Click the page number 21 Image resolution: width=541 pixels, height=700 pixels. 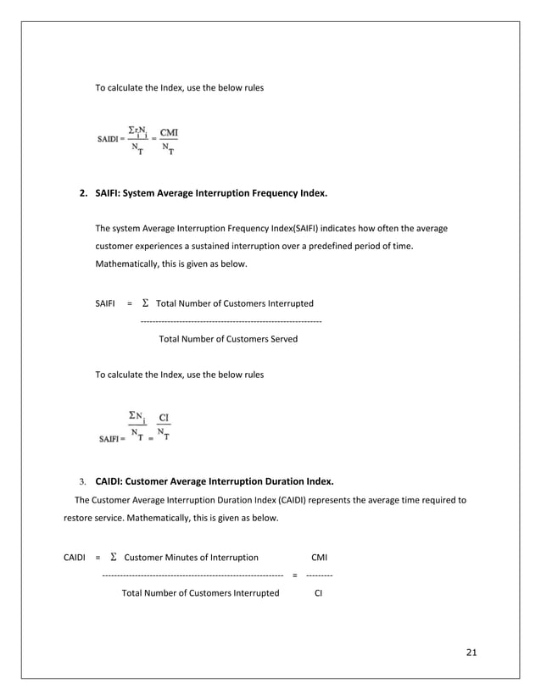[x=472, y=652]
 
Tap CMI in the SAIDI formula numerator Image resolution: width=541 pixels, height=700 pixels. [x=169, y=131]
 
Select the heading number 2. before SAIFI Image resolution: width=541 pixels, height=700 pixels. [x=84, y=194]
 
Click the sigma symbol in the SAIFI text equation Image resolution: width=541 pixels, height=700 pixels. [x=145, y=303]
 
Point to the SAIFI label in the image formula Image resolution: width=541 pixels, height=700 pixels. [x=109, y=439]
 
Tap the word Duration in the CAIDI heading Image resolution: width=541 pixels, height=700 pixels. [x=265, y=481]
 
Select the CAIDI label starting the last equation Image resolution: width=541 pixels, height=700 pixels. [x=75, y=558]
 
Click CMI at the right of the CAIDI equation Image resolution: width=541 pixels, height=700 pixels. [x=319, y=558]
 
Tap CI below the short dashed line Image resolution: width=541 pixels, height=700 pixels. [x=319, y=593]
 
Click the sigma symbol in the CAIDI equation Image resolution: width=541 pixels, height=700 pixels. [x=113, y=557]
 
